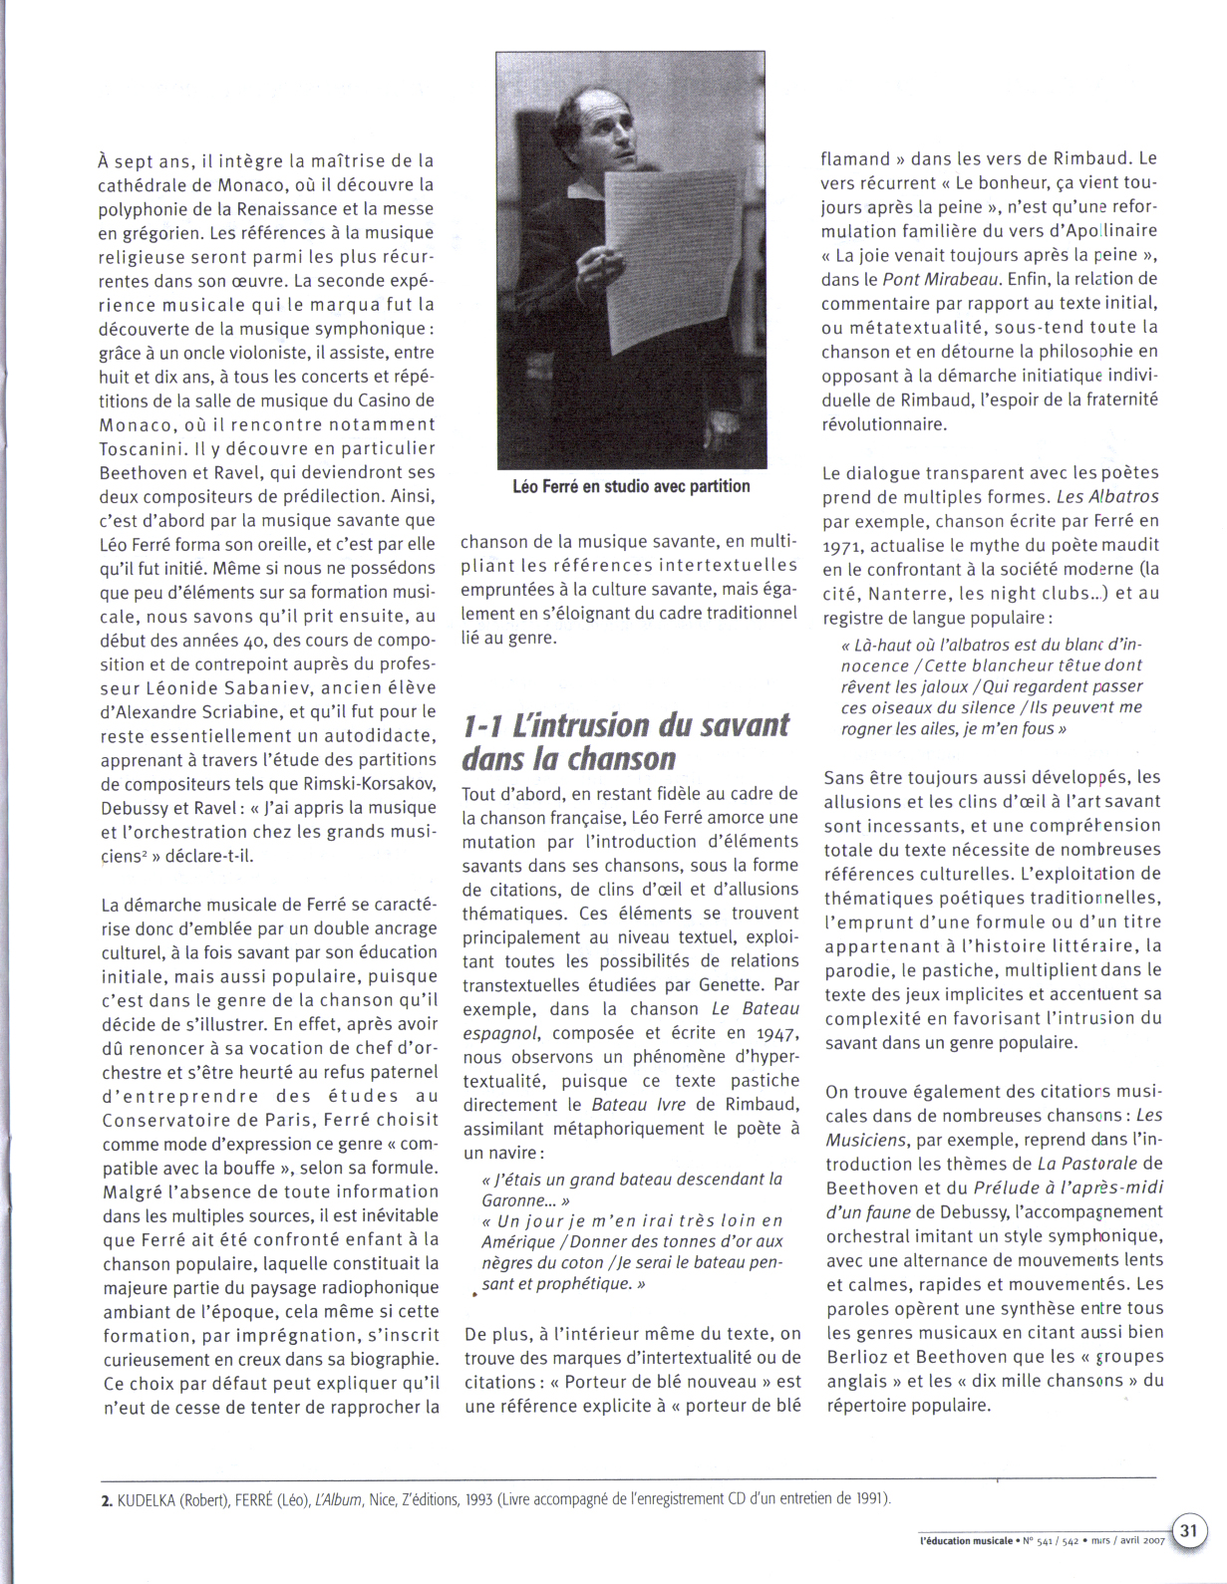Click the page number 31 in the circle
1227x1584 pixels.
[x=1188, y=1529]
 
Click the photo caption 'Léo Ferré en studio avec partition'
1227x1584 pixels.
[x=631, y=486]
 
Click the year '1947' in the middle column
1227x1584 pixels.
[x=776, y=1034]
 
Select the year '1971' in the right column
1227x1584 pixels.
[x=843, y=546]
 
